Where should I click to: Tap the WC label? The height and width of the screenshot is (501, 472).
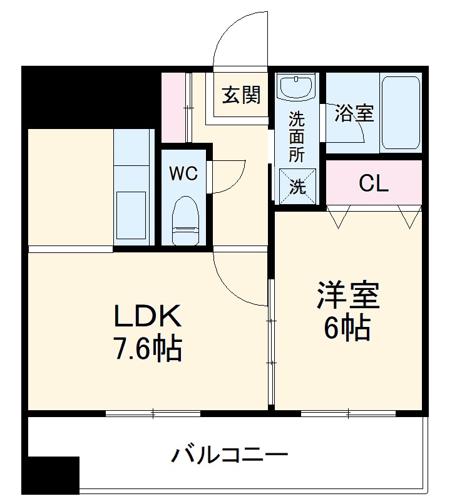[x=183, y=173]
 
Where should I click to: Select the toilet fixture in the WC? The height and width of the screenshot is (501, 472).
[x=184, y=219]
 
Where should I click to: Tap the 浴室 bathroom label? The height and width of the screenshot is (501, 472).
[x=354, y=113]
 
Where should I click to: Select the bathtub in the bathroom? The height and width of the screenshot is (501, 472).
[x=400, y=113]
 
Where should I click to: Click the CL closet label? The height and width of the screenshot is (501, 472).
[x=374, y=183]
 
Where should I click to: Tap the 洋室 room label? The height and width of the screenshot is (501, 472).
[x=348, y=296]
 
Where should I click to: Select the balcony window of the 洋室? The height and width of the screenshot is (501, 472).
[x=348, y=413]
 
